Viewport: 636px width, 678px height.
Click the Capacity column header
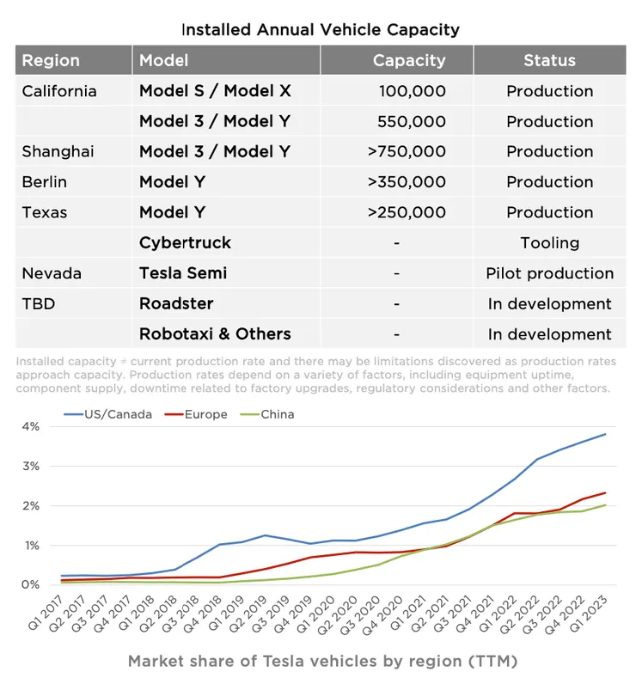(x=408, y=61)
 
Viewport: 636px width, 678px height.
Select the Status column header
(x=549, y=61)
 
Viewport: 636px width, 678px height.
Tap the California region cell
(x=59, y=91)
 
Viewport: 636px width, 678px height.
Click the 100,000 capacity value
(x=412, y=91)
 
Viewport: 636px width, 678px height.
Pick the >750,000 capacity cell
(x=407, y=151)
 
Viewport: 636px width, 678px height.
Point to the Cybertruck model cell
(x=185, y=242)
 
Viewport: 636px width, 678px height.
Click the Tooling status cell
(x=549, y=242)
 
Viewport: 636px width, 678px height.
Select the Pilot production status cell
(x=549, y=273)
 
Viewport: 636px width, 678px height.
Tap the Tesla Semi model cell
(x=183, y=273)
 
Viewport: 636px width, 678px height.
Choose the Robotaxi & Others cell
(x=215, y=333)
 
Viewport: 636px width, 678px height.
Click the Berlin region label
(x=45, y=182)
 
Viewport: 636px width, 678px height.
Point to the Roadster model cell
(x=176, y=303)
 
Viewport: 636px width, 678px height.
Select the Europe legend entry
(x=205, y=414)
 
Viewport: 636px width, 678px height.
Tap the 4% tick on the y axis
(x=31, y=427)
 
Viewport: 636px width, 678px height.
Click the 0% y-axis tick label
(x=31, y=585)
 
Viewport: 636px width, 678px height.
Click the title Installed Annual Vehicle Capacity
(x=320, y=29)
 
